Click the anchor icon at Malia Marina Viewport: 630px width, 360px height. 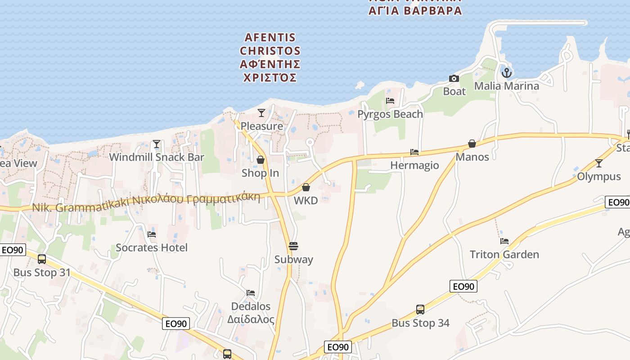point(507,72)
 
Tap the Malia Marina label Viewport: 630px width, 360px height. point(506,86)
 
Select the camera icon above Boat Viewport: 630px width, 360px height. point(454,79)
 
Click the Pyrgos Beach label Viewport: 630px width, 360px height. point(390,114)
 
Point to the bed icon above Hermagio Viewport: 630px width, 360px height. point(414,152)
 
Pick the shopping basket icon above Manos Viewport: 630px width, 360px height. point(472,144)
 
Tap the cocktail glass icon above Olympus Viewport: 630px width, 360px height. point(598,163)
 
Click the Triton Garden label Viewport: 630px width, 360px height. point(504,255)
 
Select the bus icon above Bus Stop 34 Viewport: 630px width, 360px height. point(420,310)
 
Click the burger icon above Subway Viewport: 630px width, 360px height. point(293,246)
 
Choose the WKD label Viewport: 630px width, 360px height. point(306,200)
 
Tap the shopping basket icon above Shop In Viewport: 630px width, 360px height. point(260,160)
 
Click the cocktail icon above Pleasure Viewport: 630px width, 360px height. point(261,112)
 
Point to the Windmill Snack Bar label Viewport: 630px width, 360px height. point(157,157)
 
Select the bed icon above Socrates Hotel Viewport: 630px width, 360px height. point(152,234)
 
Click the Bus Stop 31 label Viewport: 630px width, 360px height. point(42,273)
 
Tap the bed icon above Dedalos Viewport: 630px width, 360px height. point(251,293)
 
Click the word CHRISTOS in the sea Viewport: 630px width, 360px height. point(270,51)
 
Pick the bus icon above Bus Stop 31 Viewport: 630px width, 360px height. point(42,259)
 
